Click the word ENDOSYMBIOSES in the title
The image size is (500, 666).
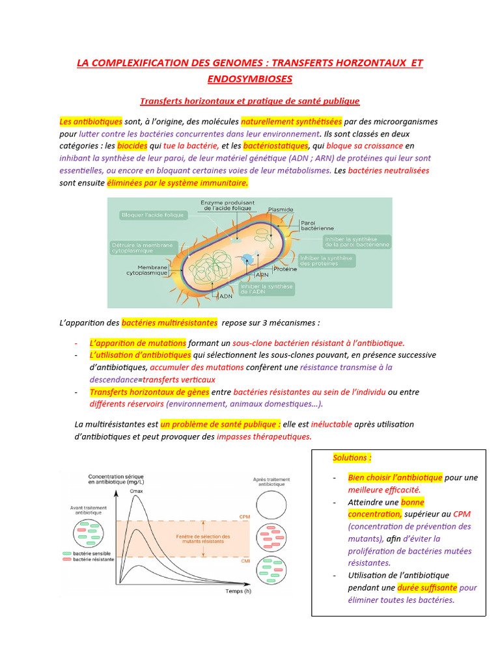[x=250, y=79]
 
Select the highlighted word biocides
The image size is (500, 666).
[x=132, y=146]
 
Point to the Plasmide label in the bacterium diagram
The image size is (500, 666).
[x=281, y=210]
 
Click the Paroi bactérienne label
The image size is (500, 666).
[x=317, y=225]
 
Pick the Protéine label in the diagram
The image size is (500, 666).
[x=285, y=269]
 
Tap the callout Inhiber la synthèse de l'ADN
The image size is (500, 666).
[x=267, y=289]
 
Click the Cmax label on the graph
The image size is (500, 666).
[x=136, y=491]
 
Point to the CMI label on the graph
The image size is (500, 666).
[x=245, y=561]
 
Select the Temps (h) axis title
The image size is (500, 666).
[x=238, y=591]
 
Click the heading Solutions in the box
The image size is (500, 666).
[x=352, y=458]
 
